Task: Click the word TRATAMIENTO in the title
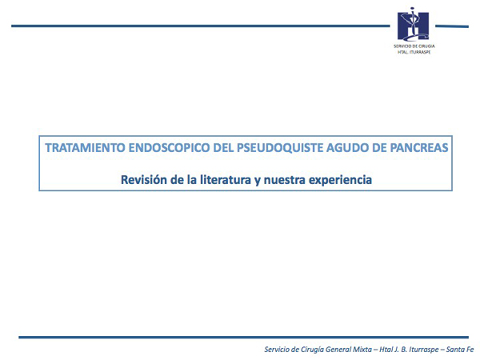pos(85,148)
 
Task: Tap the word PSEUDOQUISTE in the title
pos(280,148)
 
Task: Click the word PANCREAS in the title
pos(419,148)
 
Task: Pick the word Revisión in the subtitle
pos(144,180)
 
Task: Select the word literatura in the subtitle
pos(226,180)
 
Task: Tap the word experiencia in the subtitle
pos(341,180)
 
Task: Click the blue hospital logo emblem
pos(413,25)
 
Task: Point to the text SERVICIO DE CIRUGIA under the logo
pos(414,46)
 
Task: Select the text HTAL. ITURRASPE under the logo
pos(414,52)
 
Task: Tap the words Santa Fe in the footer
pos(460,350)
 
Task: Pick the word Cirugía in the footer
pos(312,350)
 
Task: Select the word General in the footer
pos(338,350)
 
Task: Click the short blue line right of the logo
pos(452,26)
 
